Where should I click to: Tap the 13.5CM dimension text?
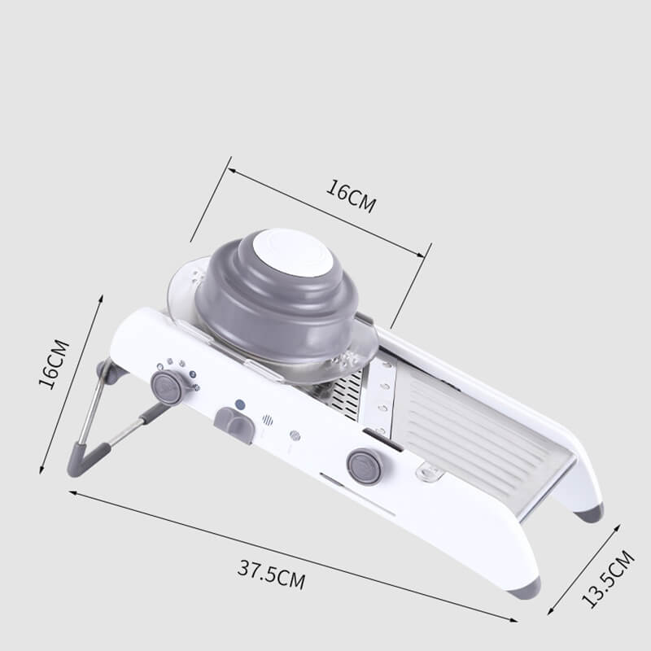pyautogui.click(x=607, y=579)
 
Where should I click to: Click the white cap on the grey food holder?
pyautogui.click(x=290, y=252)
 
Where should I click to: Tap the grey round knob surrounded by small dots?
pyautogui.click(x=168, y=387)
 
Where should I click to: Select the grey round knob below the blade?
pyautogui.click(x=364, y=466)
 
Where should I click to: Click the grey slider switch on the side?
pyautogui.click(x=234, y=425)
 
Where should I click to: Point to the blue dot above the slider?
pyautogui.click(x=240, y=404)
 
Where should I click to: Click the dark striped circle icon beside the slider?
pyautogui.click(x=268, y=421)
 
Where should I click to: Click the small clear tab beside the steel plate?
pyautogui.click(x=427, y=471)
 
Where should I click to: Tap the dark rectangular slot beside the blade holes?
pyautogui.click(x=382, y=439)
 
